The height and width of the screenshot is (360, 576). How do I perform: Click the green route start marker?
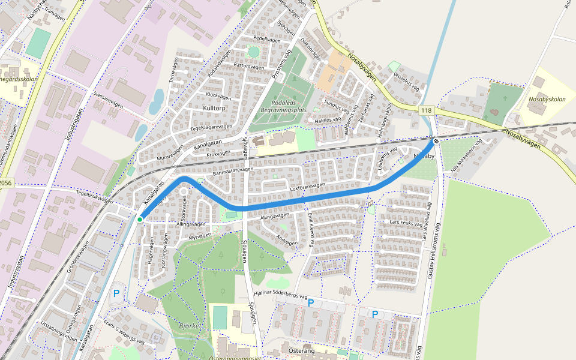pos(140,220)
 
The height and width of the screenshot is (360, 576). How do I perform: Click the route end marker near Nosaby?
pos(436,141)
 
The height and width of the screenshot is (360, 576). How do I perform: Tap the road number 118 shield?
pos(426,110)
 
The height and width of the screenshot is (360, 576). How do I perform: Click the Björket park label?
pos(191,326)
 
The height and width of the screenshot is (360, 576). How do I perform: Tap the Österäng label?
pos(302,350)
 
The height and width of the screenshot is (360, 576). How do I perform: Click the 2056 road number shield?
pos(5,183)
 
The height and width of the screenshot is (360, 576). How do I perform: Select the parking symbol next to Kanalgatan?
pos(116,294)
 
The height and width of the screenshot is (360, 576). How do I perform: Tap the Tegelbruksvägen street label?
pos(95,197)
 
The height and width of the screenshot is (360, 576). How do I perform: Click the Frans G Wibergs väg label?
pos(124,332)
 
